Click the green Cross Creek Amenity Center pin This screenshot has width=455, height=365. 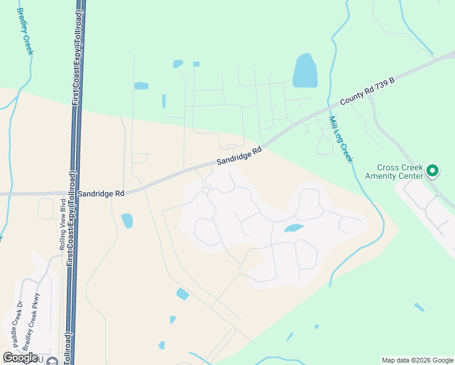pos(432,170)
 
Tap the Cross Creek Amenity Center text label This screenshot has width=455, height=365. pos(400,172)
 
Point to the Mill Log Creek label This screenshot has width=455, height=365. pos(340,139)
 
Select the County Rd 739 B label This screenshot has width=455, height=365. pos(367,91)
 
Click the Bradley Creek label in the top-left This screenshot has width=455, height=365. pos(25,32)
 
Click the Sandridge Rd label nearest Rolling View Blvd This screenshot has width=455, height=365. pos(101,193)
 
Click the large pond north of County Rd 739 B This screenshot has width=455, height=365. pos(304,71)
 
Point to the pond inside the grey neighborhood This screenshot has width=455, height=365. pos(294,228)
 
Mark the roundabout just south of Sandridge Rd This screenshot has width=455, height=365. pos(206,191)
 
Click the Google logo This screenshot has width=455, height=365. pos(20,358)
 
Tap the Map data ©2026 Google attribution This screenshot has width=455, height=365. pos(417,360)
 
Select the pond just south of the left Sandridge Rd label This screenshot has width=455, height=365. pos(127,220)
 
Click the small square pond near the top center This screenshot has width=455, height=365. pos(196,64)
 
